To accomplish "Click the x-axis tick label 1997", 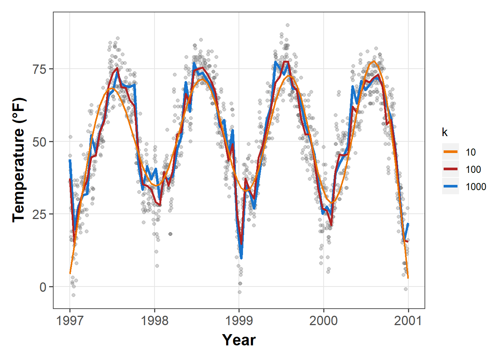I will [70, 321].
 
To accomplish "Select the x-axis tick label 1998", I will [154, 321].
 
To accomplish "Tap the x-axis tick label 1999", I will [239, 321].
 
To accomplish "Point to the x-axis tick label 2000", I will [324, 321].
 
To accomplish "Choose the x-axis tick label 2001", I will [408, 321].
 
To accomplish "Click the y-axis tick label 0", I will [43, 287].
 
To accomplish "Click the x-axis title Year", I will [239, 340].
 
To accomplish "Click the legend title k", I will [445, 132].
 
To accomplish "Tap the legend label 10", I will [471, 152].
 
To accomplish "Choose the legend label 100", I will [473, 169].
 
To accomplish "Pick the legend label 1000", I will [476, 187].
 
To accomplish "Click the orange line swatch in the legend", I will [450, 152].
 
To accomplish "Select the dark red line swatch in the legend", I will [450, 169].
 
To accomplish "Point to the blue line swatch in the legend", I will [450, 186].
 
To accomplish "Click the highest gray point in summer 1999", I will [288, 25].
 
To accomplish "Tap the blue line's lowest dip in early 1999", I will [241, 258].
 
